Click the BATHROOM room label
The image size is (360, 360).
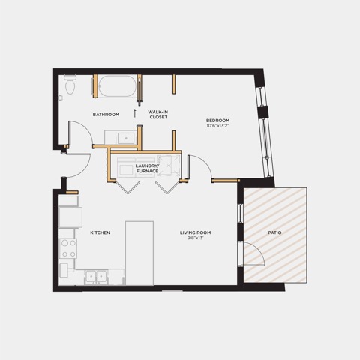point(106,115)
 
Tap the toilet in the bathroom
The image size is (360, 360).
point(70,84)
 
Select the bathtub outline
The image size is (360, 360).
point(118,86)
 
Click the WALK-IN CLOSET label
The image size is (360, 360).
point(158,115)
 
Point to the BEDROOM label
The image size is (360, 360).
point(217,121)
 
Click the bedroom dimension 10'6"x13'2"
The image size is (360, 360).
point(217,126)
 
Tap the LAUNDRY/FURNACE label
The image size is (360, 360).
point(147,169)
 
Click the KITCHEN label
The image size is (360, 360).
point(100,232)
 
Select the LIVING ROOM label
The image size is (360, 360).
point(196,232)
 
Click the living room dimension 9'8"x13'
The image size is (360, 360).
point(196,238)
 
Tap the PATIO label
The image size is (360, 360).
point(274,232)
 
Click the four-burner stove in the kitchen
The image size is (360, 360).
point(68,248)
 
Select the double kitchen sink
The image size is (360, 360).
point(96,277)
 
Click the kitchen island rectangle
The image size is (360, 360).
point(139,253)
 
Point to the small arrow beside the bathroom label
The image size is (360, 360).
point(135,113)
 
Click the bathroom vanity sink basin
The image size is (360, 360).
point(126,138)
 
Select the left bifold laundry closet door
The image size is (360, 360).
point(128,187)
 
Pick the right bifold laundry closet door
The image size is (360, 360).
point(167,187)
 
